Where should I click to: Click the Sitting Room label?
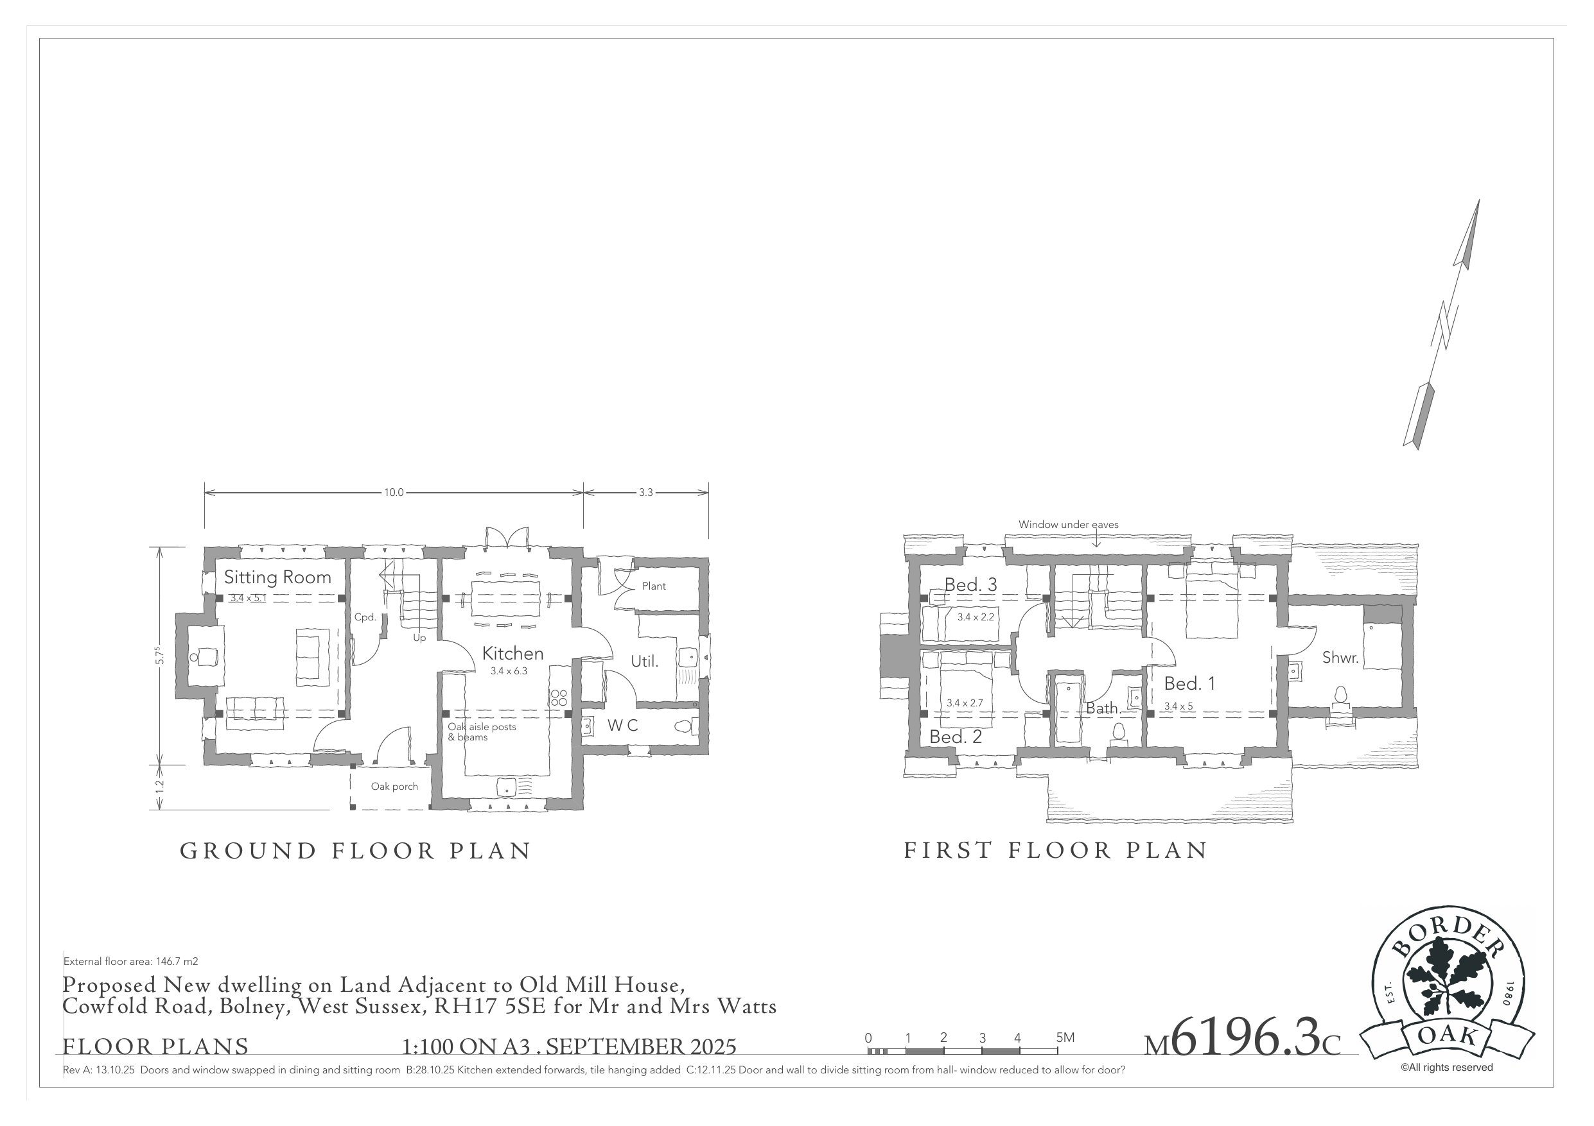[x=277, y=577]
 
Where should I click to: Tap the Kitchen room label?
[x=512, y=654]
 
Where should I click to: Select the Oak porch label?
[x=394, y=786]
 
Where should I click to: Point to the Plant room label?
[x=653, y=586]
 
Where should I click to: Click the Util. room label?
[x=644, y=662]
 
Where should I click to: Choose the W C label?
[x=622, y=726]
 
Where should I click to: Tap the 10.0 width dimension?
[x=394, y=493]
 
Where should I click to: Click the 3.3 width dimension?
[x=645, y=493]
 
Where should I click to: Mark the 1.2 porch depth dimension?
[x=160, y=787]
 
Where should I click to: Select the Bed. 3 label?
[x=970, y=585]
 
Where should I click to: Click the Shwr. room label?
[x=1340, y=658]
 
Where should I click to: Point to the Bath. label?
[x=1103, y=708]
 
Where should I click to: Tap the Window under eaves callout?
[x=1068, y=524]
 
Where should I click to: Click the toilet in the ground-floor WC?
[x=684, y=727]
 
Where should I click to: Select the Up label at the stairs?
[x=419, y=638]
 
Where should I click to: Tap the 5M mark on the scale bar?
[x=1064, y=1038]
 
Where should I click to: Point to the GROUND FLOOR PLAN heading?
[x=355, y=851]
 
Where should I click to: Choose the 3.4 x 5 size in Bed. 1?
[x=1178, y=706]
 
